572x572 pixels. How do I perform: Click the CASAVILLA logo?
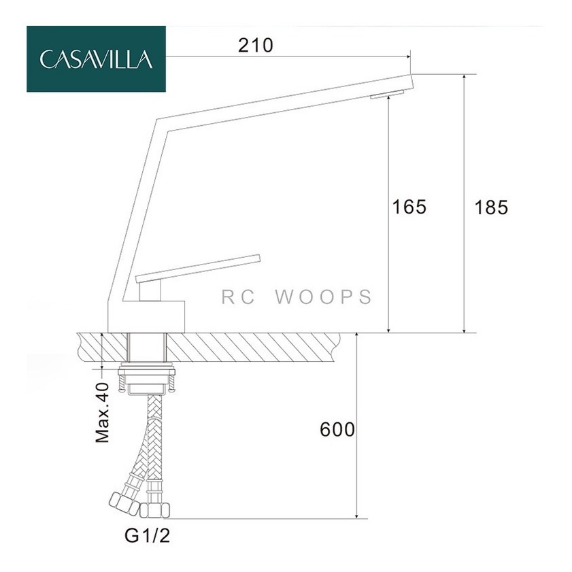click(96, 58)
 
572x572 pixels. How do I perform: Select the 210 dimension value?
click(255, 46)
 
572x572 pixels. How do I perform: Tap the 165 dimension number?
click(409, 207)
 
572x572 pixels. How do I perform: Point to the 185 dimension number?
click(491, 207)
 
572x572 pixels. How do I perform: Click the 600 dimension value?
click(337, 429)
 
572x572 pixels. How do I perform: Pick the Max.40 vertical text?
click(102, 413)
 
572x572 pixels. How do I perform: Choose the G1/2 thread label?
click(148, 536)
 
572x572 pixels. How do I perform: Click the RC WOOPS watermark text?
click(297, 297)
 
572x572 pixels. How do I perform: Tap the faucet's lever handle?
click(198, 268)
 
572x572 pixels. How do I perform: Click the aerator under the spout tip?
click(387, 94)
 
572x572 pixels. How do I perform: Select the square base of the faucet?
click(146, 317)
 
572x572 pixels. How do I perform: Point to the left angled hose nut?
click(124, 504)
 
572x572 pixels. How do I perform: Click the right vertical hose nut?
click(155, 510)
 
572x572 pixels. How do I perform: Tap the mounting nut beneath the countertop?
click(146, 372)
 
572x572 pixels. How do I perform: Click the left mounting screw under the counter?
click(122, 384)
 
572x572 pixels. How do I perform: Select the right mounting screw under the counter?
click(171, 384)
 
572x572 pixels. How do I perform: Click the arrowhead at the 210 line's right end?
click(408, 56)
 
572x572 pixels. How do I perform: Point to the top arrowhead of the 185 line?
click(464, 78)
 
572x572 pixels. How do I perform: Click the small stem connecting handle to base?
click(150, 290)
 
